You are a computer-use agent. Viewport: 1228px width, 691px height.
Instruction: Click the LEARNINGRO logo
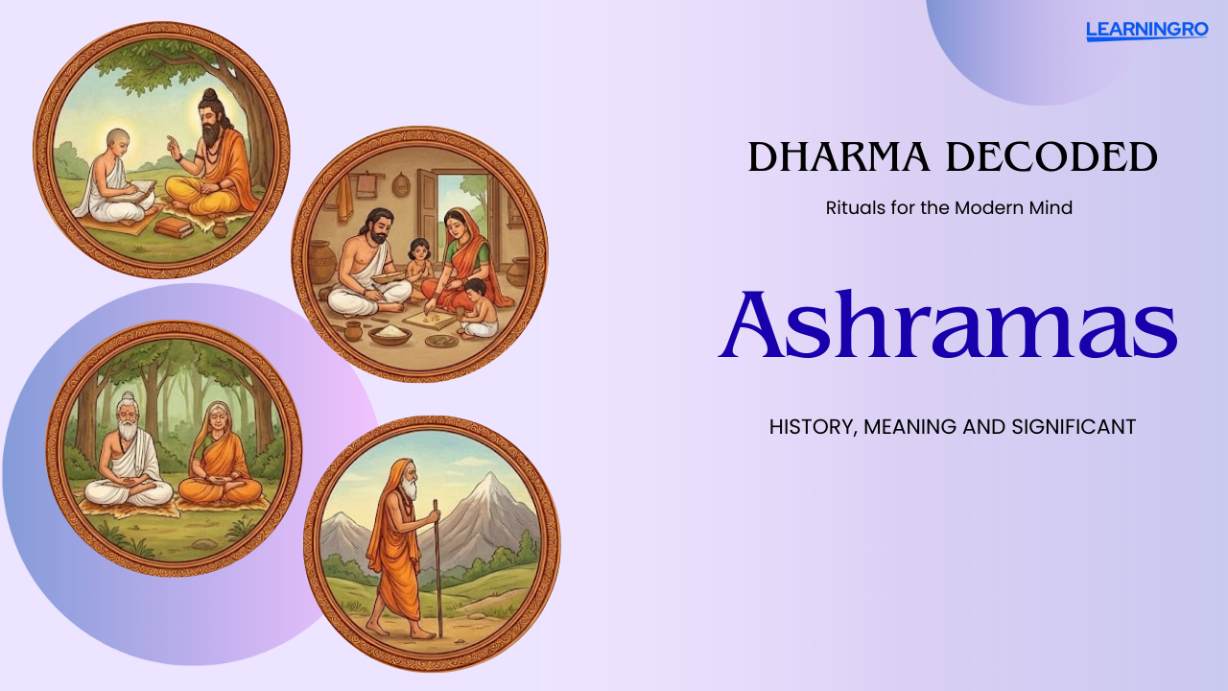(1146, 30)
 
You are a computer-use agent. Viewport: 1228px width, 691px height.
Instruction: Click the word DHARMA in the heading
(838, 156)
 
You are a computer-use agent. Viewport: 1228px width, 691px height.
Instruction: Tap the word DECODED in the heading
(1051, 156)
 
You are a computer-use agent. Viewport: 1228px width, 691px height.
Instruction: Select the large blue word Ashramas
(949, 324)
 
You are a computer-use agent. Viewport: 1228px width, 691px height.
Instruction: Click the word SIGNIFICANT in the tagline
(1074, 427)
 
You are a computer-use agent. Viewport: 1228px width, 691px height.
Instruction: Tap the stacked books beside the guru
(174, 226)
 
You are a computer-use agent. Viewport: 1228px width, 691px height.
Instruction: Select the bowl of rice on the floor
(390, 333)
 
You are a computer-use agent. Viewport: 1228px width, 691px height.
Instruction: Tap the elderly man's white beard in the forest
(128, 428)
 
